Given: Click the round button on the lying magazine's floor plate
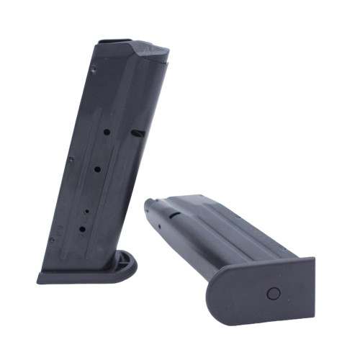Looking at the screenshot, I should click(273, 293).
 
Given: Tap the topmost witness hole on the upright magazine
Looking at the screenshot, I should click(105, 132).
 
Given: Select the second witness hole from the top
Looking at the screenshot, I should click(96, 169).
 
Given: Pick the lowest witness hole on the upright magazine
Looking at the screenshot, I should click(81, 229).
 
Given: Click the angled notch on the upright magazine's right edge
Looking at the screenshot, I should click(138, 133).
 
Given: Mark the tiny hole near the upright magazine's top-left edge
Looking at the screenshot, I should click(94, 70).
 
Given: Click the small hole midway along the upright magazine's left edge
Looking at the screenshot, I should click(71, 160).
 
